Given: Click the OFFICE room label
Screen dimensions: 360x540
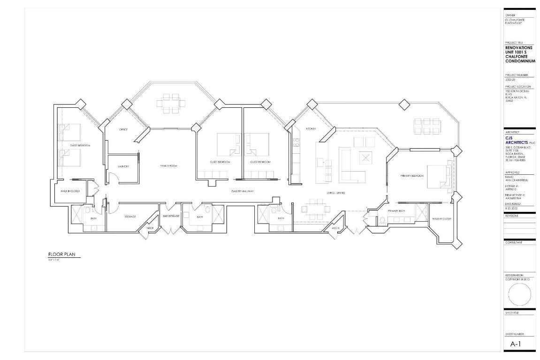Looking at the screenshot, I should click(x=123, y=129).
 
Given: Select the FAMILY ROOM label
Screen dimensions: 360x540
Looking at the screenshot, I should click(x=169, y=166).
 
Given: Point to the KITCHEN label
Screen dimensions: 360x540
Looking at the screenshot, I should click(x=311, y=128).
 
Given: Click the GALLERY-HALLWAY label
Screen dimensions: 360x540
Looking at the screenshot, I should click(x=243, y=191).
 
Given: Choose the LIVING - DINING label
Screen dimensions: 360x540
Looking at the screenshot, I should click(x=336, y=193).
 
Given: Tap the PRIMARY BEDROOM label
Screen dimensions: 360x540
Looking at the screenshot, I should click(x=412, y=176).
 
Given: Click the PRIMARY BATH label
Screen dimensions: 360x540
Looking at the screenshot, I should click(x=396, y=211).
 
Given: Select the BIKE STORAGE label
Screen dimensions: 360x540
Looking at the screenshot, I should click(x=171, y=216).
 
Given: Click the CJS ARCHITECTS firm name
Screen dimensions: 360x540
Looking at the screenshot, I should click(x=516, y=140).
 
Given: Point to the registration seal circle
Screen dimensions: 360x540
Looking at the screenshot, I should click(x=519, y=294).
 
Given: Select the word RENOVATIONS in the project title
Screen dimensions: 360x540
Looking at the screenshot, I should click(x=519, y=48).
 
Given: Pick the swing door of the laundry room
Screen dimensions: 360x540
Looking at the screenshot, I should click(x=113, y=178).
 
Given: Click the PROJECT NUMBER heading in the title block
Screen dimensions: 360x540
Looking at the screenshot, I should click(x=516, y=75).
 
